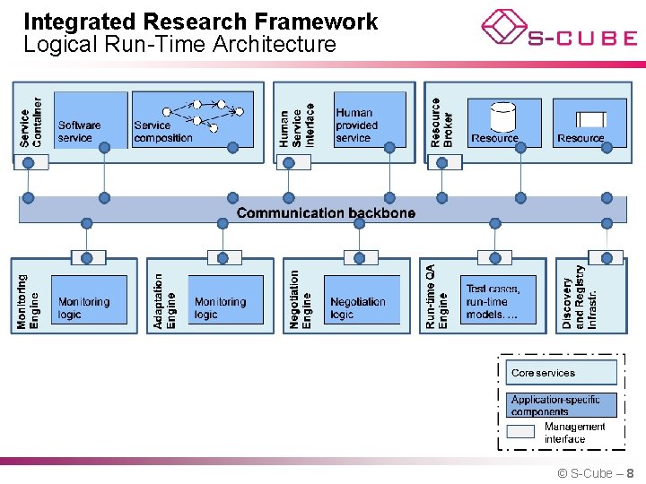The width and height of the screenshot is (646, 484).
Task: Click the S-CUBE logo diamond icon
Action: [x=504, y=26]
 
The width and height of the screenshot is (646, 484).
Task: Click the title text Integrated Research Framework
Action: [x=201, y=22]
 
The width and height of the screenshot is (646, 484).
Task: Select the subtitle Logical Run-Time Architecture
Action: [x=179, y=44]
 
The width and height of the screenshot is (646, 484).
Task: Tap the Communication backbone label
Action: [x=326, y=212]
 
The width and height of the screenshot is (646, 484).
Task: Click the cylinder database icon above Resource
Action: [x=503, y=117]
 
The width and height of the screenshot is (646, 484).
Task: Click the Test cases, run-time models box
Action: [x=501, y=300]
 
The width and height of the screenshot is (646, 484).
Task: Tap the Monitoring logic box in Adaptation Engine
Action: [x=227, y=300]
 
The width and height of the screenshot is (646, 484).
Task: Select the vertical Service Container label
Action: [x=31, y=122]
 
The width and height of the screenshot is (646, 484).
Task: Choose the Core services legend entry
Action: [x=562, y=372]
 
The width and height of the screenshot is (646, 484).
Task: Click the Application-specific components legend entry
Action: [x=562, y=405]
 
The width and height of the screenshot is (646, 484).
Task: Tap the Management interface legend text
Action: [x=574, y=433]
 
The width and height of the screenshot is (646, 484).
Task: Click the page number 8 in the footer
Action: [x=631, y=473]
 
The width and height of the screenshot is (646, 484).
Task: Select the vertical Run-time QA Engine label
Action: [x=437, y=297]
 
